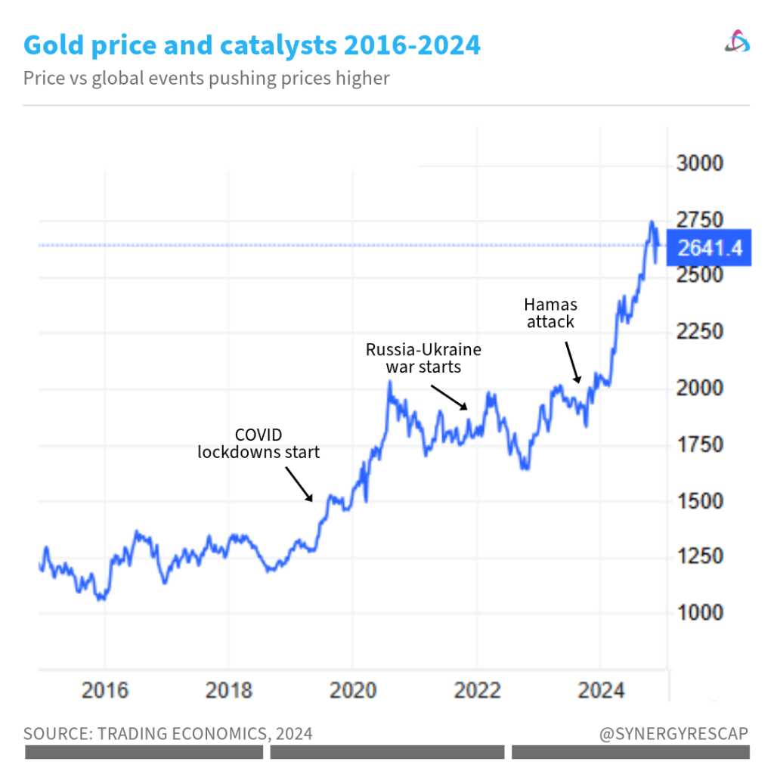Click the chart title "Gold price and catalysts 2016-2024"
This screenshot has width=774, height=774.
point(252,46)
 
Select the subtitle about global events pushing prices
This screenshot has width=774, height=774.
point(206,78)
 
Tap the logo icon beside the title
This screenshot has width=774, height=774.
point(736,42)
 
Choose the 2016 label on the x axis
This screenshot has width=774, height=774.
point(105,691)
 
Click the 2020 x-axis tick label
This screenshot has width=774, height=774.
point(352,691)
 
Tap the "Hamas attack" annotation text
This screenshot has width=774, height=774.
point(550,313)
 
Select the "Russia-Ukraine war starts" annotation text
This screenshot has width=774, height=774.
point(423,358)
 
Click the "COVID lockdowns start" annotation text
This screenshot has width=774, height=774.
point(259,444)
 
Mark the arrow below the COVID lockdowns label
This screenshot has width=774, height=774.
point(299,484)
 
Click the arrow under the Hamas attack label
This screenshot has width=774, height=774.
point(572,361)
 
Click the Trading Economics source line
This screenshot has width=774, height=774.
point(168,734)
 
